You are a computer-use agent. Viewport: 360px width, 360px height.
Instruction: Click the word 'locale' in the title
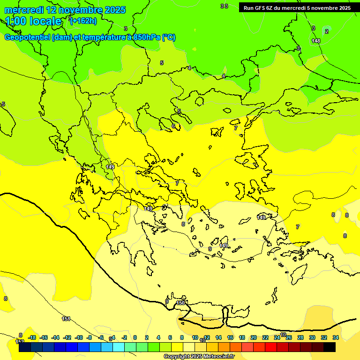click(x=45, y=21)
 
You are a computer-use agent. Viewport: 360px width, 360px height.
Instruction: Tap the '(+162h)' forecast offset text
click(x=83, y=21)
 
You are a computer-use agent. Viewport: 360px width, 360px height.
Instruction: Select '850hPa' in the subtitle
click(x=146, y=37)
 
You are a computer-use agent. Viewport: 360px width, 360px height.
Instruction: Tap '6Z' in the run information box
click(x=269, y=8)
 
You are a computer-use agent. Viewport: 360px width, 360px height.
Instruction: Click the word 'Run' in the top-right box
click(x=248, y=8)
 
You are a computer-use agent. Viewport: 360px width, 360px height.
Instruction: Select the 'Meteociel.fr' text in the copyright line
click(x=218, y=357)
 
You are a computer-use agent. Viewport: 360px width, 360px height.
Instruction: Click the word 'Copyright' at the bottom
click(x=177, y=357)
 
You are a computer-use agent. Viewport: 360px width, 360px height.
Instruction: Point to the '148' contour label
click(x=316, y=41)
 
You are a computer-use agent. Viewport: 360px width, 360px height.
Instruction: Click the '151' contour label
click(x=66, y=319)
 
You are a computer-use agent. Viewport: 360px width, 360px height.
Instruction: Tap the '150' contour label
click(x=180, y=303)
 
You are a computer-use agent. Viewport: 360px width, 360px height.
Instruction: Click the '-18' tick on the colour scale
click(x=32, y=337)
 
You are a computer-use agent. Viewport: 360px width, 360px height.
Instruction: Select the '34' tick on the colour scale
click(x=336, y=337)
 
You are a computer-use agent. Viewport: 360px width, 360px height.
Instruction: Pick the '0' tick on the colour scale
click(x=135, y=337)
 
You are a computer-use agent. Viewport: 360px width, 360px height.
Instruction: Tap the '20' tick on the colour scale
click(x=254, y=337)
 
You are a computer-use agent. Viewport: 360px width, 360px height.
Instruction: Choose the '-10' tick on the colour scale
click(x=79, y=337)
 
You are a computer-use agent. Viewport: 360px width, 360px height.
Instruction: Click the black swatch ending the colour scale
click(x=330, y=347)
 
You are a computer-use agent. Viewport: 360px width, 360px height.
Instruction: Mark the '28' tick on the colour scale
click(x=300, y=337)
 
